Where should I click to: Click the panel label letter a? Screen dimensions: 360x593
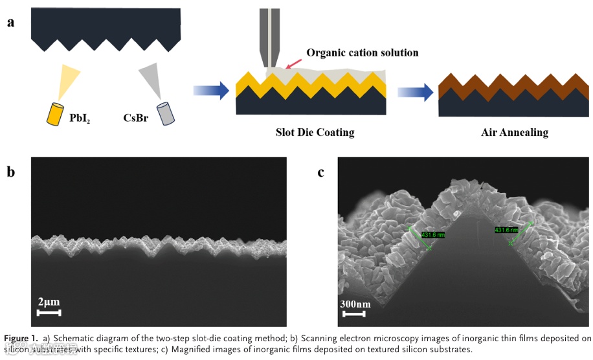pos(10,23)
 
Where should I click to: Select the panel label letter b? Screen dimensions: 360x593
pos(10,172)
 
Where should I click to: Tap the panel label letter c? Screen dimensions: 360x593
pos(320,172)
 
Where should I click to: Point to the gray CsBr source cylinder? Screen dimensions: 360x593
pos(167,113)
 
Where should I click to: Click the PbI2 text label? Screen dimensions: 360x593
pos(80,118)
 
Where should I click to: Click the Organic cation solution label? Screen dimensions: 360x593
pos(363,52)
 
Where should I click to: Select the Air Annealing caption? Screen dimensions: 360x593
pos(515,133)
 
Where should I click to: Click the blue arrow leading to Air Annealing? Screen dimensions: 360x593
pos(415,91)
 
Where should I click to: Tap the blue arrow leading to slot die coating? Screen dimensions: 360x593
pos(212,91)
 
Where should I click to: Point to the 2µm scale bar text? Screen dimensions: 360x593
pos(49,302)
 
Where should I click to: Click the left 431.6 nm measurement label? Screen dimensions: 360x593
pos(433,234)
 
